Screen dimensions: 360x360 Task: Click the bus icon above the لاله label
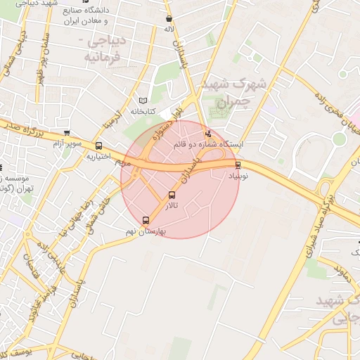(169, 19)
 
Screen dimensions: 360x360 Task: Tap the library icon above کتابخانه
(143, 101)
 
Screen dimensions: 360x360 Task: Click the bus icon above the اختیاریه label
(98, 146)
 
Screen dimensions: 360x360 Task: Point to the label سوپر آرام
(67, 143)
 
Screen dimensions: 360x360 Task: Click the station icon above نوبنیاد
(238, 165)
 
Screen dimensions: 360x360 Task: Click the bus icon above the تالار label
(172, 195)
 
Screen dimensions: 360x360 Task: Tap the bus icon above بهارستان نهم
(146, 220)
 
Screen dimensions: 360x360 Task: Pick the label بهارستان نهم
(146, 231)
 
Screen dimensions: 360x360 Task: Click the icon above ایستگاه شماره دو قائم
(207, 134)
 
